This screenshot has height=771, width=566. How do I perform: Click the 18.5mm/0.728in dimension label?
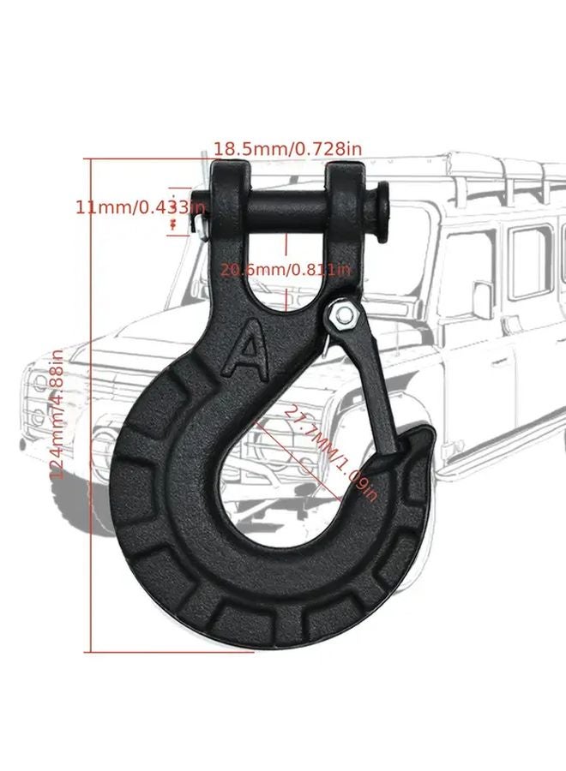tap(287, 149)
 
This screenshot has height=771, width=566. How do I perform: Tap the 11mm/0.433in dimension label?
tap(140, 206)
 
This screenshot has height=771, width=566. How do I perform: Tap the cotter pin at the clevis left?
tap(201, 224)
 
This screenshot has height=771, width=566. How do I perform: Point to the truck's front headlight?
tap(38, 382)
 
